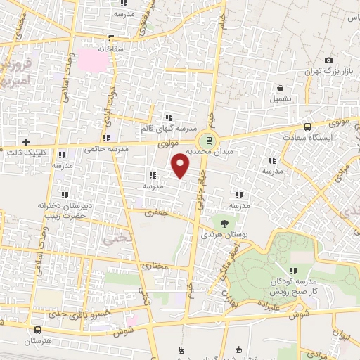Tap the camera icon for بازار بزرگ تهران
328,61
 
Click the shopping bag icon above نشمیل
281,89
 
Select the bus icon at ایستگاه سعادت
307,127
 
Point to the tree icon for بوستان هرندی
224,222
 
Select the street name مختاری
155,266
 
